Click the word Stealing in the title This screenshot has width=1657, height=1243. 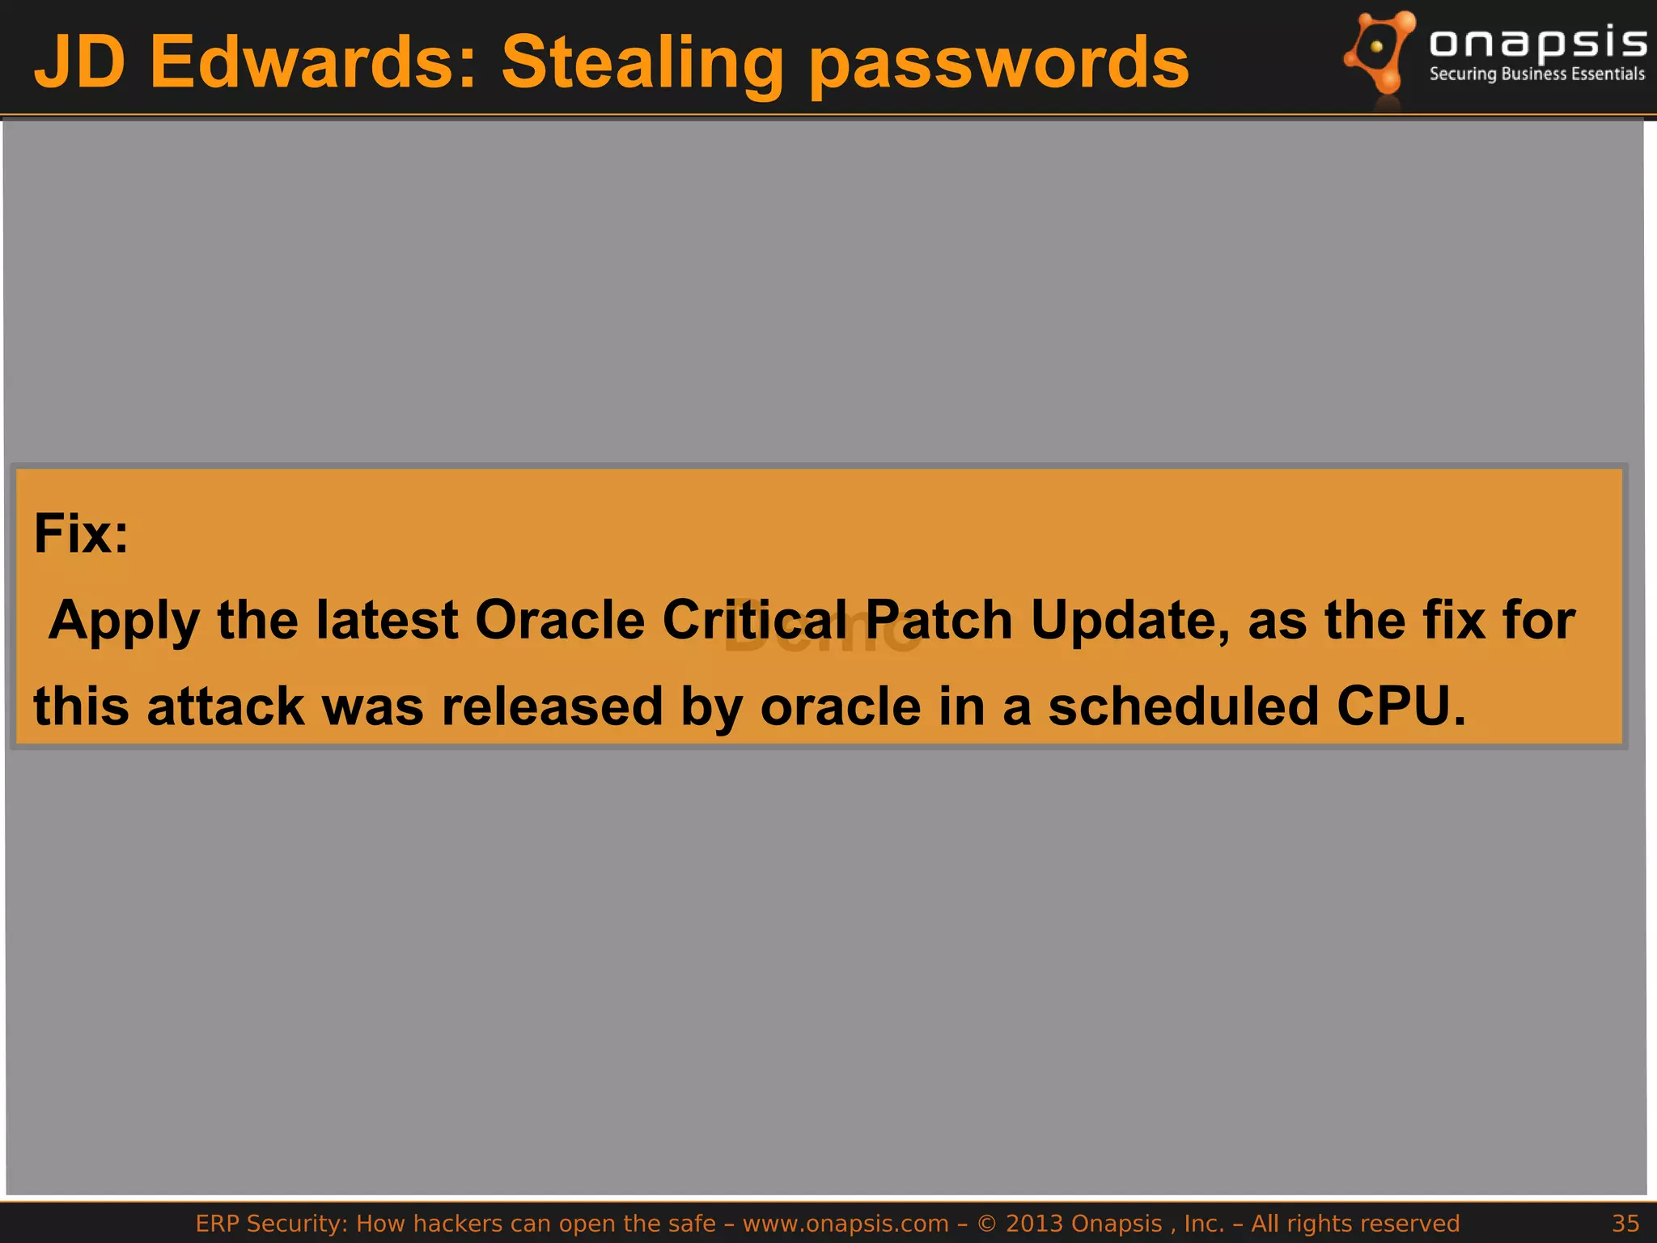[x=642, y=63]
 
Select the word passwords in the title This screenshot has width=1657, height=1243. [x=998, y=63]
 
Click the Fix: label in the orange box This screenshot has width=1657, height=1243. [x=81, y=534]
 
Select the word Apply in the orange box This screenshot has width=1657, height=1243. [x=124, y=621]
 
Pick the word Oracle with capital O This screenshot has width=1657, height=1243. [x=559, y=620]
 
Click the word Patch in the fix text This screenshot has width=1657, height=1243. [x=939, y=620]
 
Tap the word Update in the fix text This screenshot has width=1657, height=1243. [x=1129, y=621]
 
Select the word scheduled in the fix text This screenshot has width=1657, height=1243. [x=1183, y=706]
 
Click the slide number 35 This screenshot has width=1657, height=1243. [x=1625, y=1223]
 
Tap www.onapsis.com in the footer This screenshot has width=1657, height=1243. [x=845, y=1223]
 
